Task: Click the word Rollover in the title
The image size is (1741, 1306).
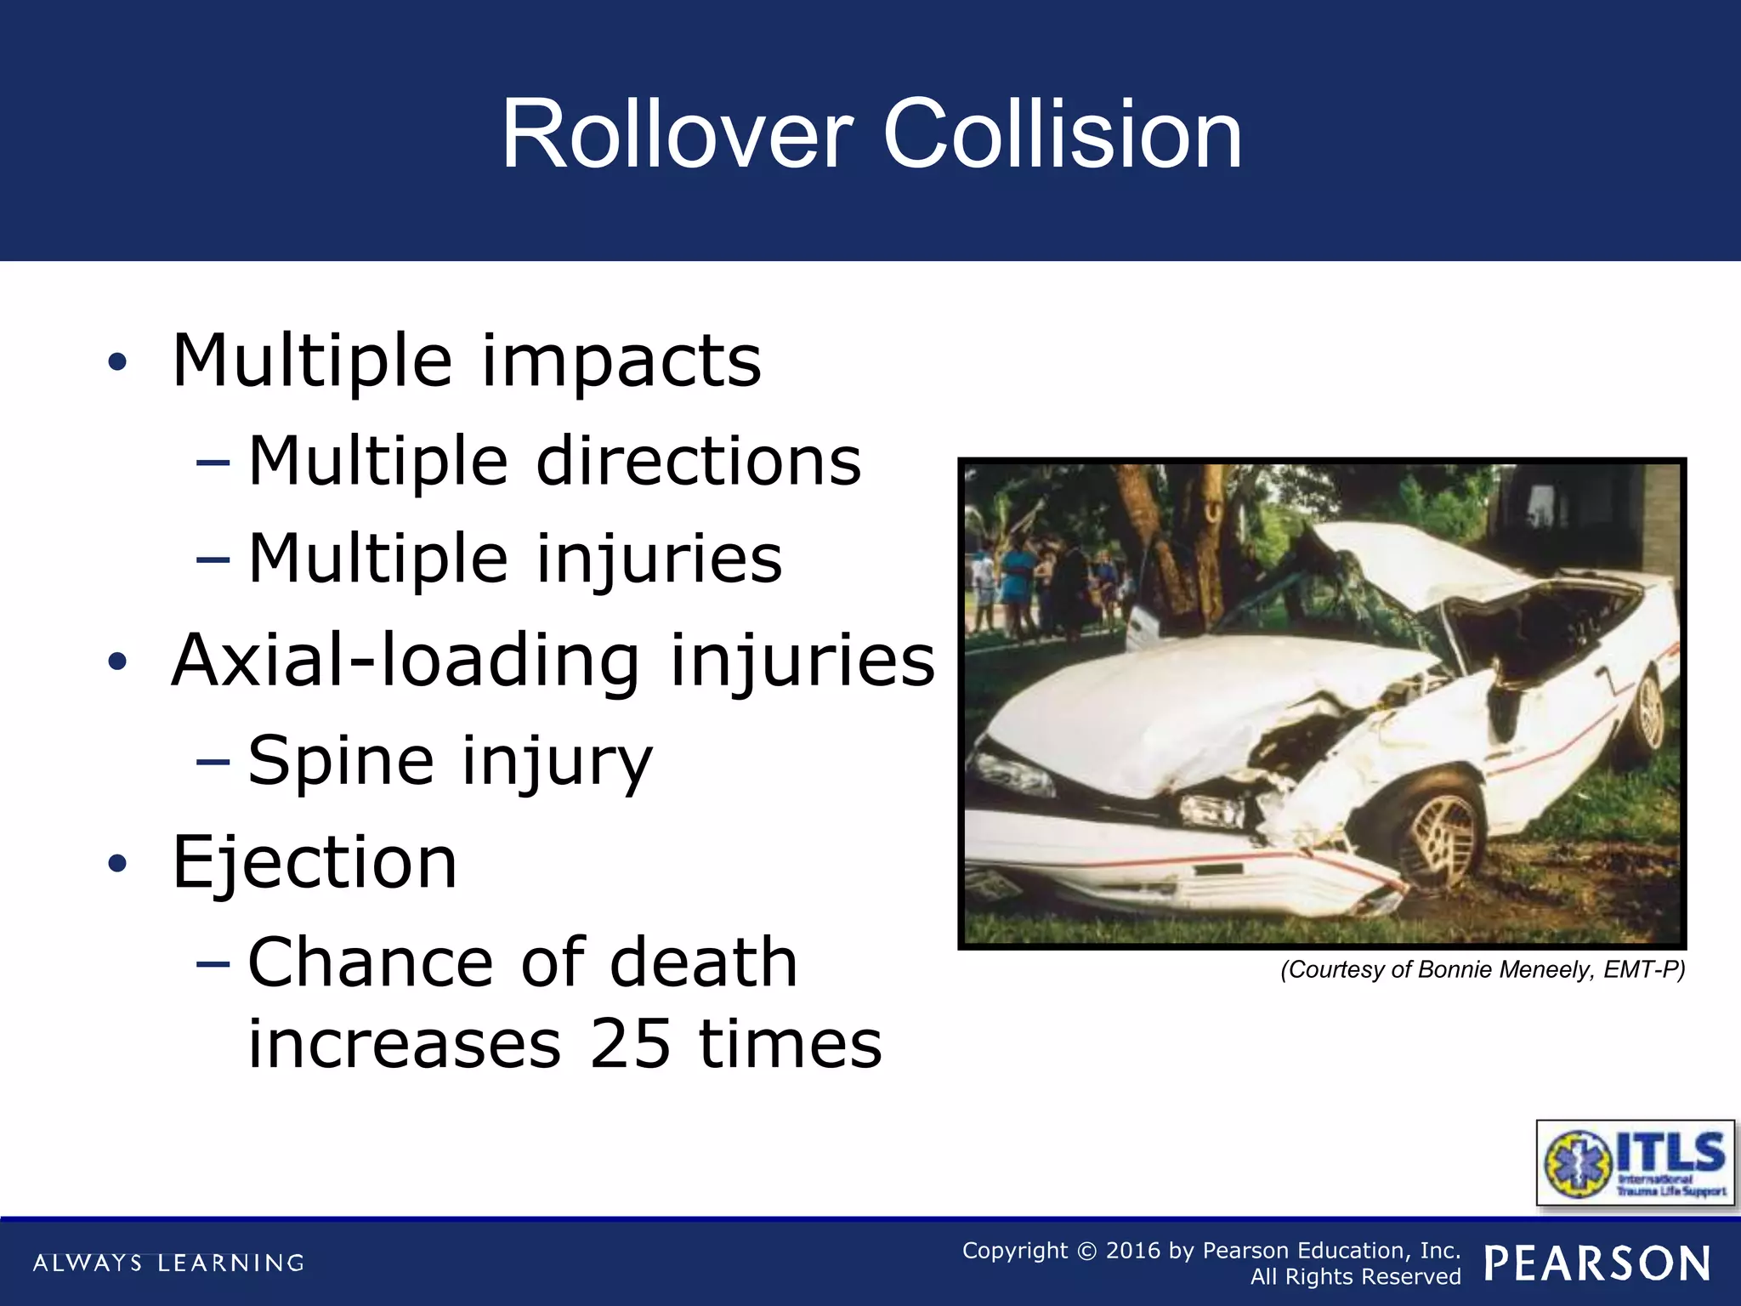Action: [x=677, y=134]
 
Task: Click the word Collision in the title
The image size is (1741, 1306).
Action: [x=1063, y=134]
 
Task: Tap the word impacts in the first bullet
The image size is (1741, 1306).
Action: [x=621, y=361]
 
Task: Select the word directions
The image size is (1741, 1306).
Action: [x=699, y=461]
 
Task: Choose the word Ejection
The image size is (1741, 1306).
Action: [x=315, y=862]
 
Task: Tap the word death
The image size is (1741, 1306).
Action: [x=704, y=962]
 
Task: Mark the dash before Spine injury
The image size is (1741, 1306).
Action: [x=213, y=762]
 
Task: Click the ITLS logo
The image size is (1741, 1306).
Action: [x=1635, y=1163]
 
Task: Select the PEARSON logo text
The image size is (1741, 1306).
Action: [x=1597, y=1263]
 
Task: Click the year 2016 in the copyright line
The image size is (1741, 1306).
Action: [x=1133, y=1251]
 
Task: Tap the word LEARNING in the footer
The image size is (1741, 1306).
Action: [x=230, y=1263]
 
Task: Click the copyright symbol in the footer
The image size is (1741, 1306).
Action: [x=1086, y=1251]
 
